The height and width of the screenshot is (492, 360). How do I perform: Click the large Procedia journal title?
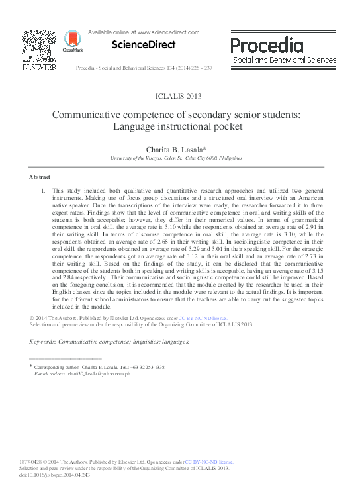(267, 45)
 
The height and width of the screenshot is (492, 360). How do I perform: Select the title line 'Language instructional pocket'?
(179, 126)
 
